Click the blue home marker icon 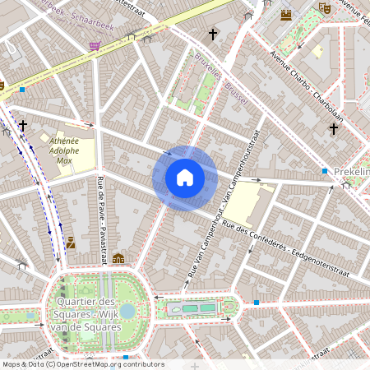pyautogui.click(x=185, y=178)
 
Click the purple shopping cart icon pyautogui.click(x=95, y=46)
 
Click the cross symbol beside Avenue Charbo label pyautogui.click(x=334, y=129)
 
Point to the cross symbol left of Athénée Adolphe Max pyautogui.click(x=23, y=126)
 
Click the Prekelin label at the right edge pyautogui.click(x=352, y=171)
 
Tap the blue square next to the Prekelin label pyautogui.click(x=325, y=171)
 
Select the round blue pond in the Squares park pyautogui.click(x=127, y=311)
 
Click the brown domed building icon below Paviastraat pyautogui.click(x=118, y=258)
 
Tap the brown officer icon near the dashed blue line pyautogui.click(x=72, y=242)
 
